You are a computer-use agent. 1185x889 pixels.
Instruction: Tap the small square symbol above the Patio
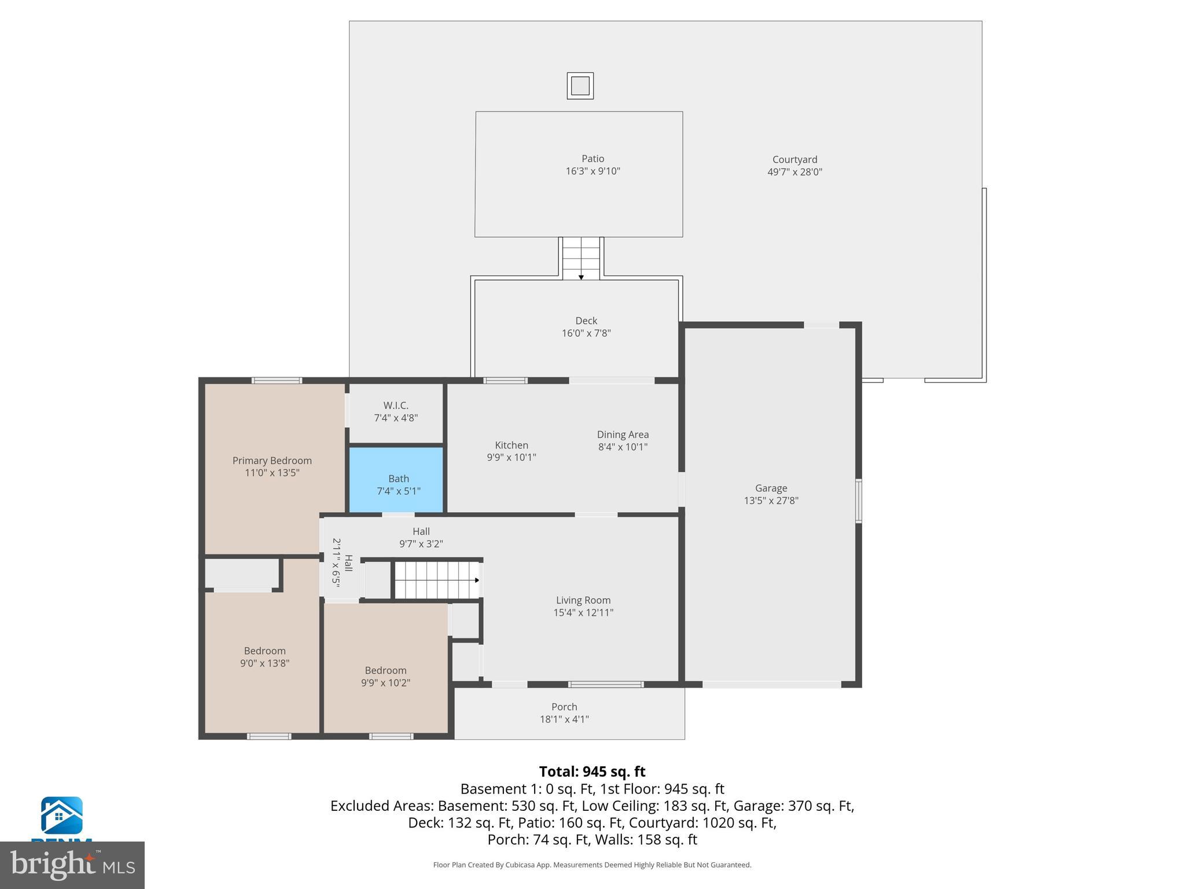tap(580, 86)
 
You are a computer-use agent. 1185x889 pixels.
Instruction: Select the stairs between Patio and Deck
tap(581, 258)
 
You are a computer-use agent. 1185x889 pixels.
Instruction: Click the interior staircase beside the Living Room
tap(437, 580)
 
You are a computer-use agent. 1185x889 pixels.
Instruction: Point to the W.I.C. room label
tap(396, 406)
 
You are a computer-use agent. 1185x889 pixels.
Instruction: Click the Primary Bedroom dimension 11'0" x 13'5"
tap(272, 473)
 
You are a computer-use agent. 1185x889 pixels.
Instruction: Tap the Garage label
tap(771, 488)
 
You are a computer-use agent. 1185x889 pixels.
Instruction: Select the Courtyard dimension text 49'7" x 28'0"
tap(794, 172)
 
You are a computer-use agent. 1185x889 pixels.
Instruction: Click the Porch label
tap(564, 707)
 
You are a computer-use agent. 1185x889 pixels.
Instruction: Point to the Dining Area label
tap(623, 435)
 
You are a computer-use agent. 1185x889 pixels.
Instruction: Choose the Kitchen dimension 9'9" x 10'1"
tap(511, 457)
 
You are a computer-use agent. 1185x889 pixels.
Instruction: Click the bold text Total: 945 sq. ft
tap(592, 772)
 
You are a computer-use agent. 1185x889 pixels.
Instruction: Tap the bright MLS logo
tap(72, 865)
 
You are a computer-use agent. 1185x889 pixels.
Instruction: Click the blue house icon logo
tap(61, 816)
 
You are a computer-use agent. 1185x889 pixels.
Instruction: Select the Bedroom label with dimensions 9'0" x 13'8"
tap(264, 651)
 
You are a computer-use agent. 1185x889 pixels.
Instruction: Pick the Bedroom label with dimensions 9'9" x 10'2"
tap(385, 670)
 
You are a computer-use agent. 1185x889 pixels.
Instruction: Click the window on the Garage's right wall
tap(859, 501)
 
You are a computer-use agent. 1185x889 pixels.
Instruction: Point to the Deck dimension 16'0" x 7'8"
tap(586, 333)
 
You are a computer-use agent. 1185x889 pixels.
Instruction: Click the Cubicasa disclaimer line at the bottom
tap(592, 865)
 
